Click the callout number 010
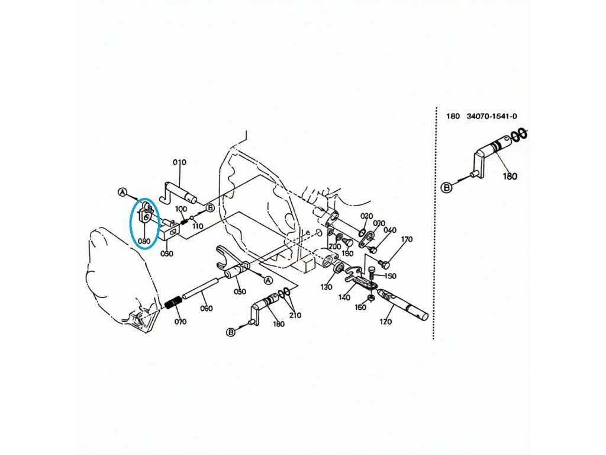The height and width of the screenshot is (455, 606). click(x=179, y=162)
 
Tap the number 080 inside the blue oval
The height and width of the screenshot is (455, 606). click(x=144, y=242)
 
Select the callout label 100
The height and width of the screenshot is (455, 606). click(x=181, y=209)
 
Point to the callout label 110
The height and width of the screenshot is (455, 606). click(x=197, y=226)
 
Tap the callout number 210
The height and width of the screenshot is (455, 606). click(x=294, y=315)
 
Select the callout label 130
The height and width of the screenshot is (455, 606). click(x=327, y=287)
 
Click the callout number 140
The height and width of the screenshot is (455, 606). click(x=344, y=297)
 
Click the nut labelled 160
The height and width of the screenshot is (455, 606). click(x=370, y=297)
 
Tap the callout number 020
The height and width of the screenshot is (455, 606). click(x=367, y=216)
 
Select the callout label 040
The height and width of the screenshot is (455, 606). click(x=390, y=230)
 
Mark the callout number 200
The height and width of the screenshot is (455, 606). click(x=335, y=246)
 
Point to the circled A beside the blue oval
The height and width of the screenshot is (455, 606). click(x=123, y=192)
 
